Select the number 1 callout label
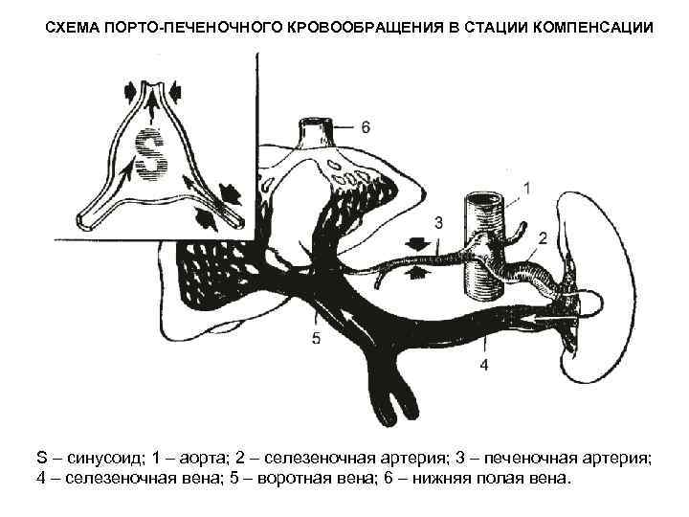coord(529,187)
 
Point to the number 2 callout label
coord(543,236)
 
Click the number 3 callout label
coord(438,222)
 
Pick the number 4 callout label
coord(484,365)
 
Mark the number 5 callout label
coord(316,337)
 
